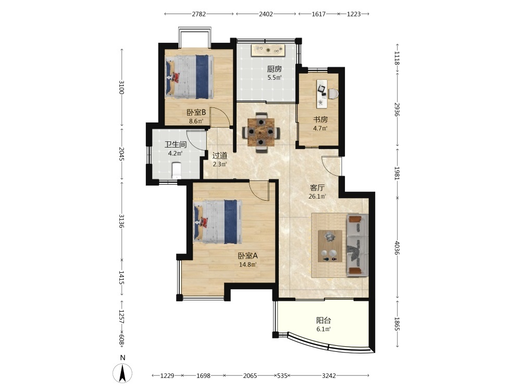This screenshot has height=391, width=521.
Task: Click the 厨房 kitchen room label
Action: pyautogui.click(x=275, y=69)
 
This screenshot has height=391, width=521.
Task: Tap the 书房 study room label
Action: pyautogui.click(x=320, y=119)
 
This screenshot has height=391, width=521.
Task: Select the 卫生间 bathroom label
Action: pyautogui.click(x=176, y=144)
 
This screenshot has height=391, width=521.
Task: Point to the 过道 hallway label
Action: pyautogui.click(x=220, y=155)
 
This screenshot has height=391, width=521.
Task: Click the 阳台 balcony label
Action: pyautogui.click(x=324, y=321)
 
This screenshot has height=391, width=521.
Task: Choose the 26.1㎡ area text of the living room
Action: pyautogui.click(x=317, y=197)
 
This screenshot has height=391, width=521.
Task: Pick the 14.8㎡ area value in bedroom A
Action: pyautogui.click(x=248, y=265)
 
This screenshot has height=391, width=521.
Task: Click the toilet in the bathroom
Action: pyautogui.click(x=177, y=169)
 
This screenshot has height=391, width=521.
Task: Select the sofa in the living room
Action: pyautogui.click(x=357, y=245)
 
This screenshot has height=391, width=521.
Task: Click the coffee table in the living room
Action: pyautogui.click(x=330, y=246)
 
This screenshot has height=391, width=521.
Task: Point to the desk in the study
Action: pyautogui.click(x=321, y=93)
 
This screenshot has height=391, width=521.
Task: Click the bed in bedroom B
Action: pyautogui.click(x=190, y=77)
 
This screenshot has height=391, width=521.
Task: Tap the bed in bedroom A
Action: pyautogui.click(x=218, y=222)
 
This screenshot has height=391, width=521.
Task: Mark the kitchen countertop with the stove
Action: pyautogui.click(x=268, y=50)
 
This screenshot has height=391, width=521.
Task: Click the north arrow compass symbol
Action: pyautogui.click(x=122, y=373)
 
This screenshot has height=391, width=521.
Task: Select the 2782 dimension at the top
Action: pyautogui.click(x=199, y=14)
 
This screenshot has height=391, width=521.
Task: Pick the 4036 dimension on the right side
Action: pyautogui.click(x=397, y=248)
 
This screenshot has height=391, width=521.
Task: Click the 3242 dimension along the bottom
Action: pyautogui.click(x=329, y=376)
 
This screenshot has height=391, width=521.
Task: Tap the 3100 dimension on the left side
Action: pyautogui.click(x=121, y=87)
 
